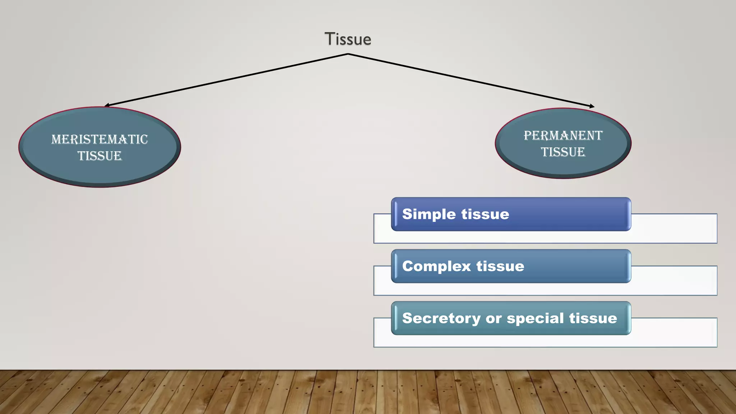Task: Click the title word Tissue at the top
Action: coord(348,39)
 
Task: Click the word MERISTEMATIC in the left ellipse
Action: coord(100,139)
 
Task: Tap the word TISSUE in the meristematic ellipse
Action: coord(100,156)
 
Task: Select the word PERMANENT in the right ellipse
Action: coord(563,135)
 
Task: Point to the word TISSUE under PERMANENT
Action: coord(563,152)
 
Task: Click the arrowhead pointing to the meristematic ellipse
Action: coord(106,105)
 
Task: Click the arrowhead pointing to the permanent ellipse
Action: coord(592,106)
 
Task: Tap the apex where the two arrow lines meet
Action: coord(348,54)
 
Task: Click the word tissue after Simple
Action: coord(485,214)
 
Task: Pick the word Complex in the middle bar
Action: coord(436,266)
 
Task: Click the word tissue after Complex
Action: coord(500,266)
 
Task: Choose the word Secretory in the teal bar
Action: coord(441,318)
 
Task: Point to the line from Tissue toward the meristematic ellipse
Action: coord(226,80)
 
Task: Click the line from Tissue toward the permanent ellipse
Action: coord(471,80)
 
